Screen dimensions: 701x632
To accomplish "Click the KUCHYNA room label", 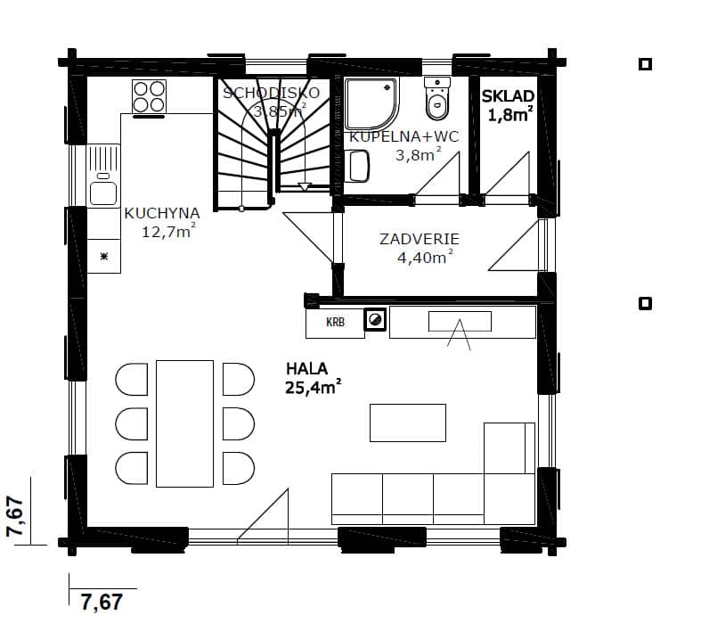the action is (x=162, y=213).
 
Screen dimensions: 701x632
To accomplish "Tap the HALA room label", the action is (x=306, y=369).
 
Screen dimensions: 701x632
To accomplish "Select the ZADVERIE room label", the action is (x=420, y=239).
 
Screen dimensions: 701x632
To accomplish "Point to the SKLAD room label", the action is (x=508, y=96).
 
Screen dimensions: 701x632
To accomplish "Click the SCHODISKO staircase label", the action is (x=272, y=93).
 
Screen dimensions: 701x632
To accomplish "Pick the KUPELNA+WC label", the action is (x=403, y=137).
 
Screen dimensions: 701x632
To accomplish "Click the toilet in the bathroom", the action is (x=436, y=98).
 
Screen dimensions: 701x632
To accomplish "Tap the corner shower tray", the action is (x=371, y=104).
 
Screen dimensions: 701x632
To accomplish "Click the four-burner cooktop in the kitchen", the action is (x=150, y=96).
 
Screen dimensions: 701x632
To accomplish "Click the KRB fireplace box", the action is (x=335, y=322).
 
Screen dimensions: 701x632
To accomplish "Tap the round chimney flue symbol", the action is (x=375, y=320).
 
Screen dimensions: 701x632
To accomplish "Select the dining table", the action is (x=184, y=423).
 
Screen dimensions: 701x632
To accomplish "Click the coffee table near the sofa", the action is (x=408, y=423).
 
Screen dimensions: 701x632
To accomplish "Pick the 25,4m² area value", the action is (x=314, y=388).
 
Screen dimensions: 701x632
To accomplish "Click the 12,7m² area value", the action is (x=168, y=232).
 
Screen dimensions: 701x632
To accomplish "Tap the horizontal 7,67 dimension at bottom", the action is (x=102, y=602).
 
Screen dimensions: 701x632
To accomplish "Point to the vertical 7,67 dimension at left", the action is (x=15, y=516).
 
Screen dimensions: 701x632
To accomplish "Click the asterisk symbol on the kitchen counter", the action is (x=104, y=257).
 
